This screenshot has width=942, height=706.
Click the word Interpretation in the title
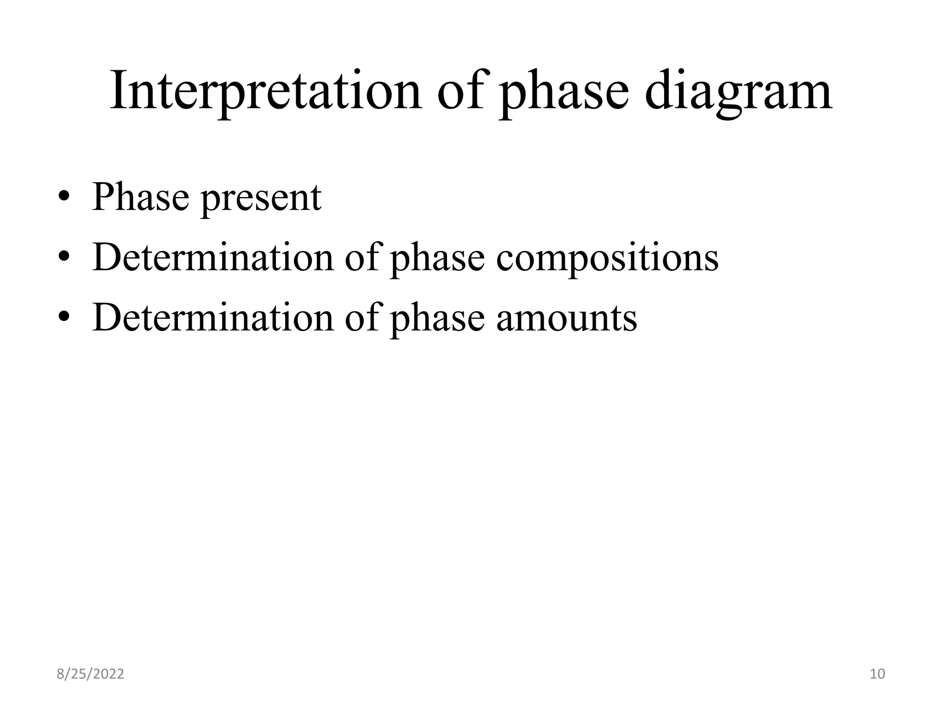pos(265,91)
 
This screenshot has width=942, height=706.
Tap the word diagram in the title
pos(738,91)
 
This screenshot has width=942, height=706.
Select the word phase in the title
pos(564,91)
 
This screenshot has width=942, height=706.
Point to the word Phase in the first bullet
pos(140,197)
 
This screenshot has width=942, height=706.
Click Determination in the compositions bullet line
pos(213,257)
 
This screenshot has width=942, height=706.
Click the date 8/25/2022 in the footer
pos(90,674)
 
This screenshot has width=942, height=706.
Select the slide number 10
pos(878,674)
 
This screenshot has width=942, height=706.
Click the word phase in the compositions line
pos(437,259)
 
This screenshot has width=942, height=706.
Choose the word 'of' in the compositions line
pos(362,257)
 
